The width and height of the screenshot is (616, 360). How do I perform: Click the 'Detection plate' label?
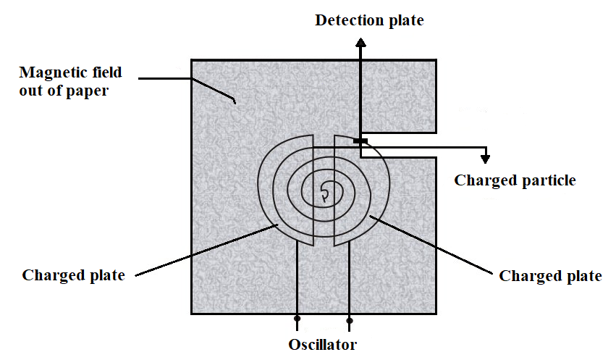point(369,20)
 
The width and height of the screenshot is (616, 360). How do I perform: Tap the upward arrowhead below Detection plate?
point(360,42)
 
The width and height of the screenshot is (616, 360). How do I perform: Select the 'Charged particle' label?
point(515,181)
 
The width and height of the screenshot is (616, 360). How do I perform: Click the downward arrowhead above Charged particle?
point(486,159)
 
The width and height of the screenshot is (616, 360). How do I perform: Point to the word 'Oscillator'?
point(323,345)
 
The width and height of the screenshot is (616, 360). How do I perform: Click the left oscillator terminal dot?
point(298,318)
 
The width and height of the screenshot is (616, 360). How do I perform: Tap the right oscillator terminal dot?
point(349,321)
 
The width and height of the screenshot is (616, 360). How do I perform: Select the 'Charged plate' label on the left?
point(73,275)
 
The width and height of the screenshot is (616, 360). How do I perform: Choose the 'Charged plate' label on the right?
point(550,276)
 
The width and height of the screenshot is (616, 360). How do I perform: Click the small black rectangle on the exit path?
point(360,141)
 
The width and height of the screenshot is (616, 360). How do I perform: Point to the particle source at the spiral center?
point(324,193)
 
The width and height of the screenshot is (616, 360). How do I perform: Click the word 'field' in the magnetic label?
point(107,72)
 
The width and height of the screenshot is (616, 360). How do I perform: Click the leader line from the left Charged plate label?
point(206,250)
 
